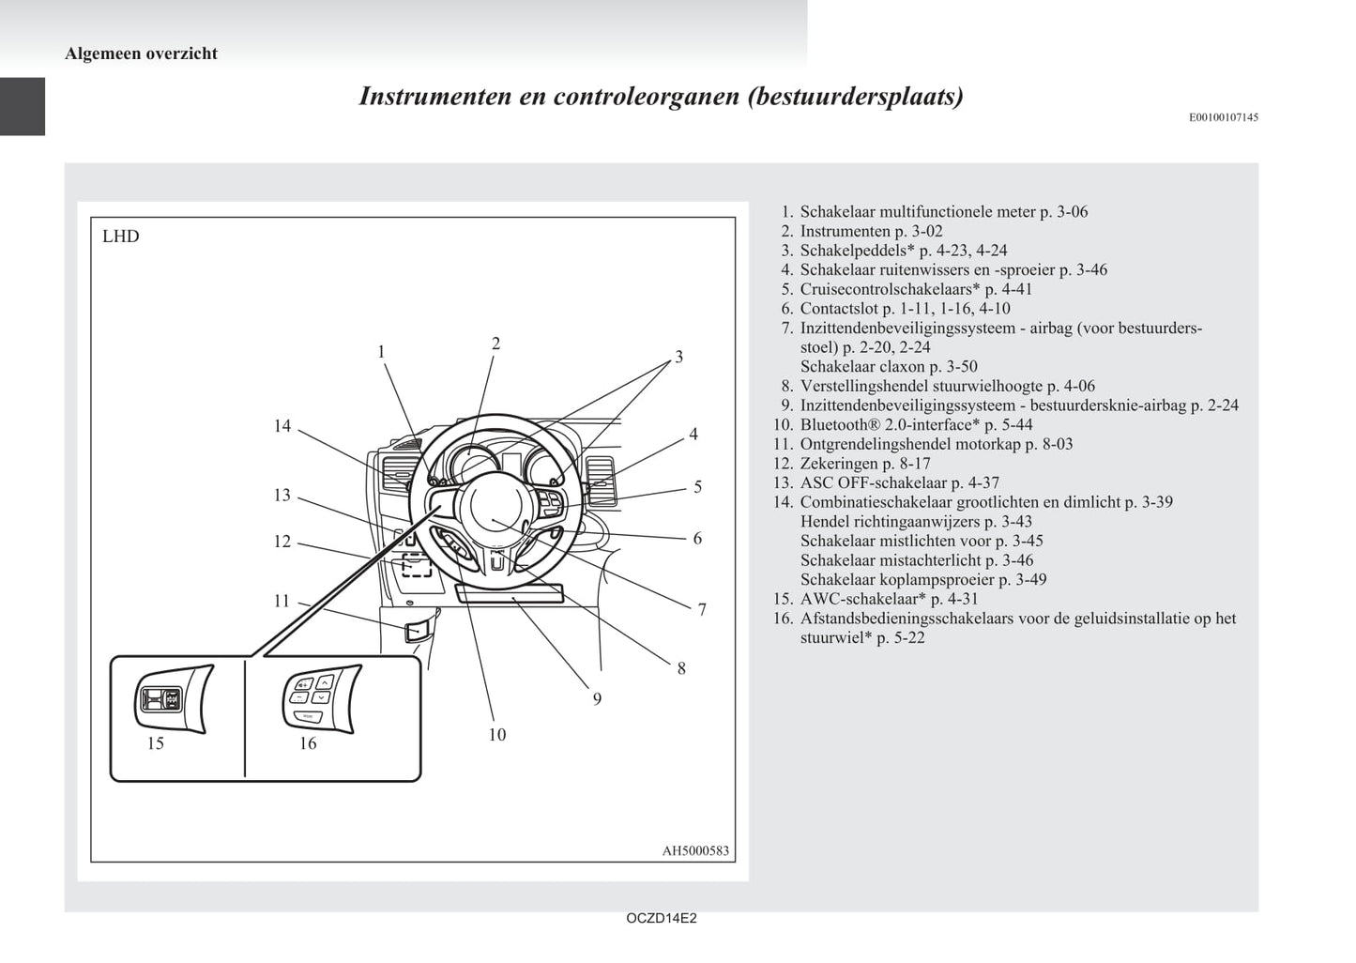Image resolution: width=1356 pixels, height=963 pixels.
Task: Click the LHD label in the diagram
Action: tap(120, 237)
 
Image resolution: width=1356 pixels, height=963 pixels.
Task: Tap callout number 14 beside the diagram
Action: tap(282, 426)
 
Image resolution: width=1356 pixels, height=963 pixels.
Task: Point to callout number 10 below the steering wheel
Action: tap(496, 735)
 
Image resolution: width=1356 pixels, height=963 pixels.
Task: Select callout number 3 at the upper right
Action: tap(678, 357)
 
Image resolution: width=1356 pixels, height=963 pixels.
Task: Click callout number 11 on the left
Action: tap(282, 601)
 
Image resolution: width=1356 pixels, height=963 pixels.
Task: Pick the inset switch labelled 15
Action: tap(173, 699)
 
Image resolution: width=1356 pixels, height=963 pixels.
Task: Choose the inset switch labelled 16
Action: tap(319, 695)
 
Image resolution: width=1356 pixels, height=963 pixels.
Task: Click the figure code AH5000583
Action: tap(694, 850)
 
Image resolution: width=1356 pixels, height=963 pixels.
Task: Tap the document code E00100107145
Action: tap(1223, 117)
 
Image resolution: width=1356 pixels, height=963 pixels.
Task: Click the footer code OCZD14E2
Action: tap(661, 918)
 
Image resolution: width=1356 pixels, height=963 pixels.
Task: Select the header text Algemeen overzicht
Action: tap(141, 53)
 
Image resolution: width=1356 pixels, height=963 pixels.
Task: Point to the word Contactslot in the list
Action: tap(839, 309)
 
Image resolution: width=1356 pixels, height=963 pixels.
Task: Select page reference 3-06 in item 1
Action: tap(1072, 212)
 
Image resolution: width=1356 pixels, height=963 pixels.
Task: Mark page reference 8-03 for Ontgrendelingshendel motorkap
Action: tap(1056, 444)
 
